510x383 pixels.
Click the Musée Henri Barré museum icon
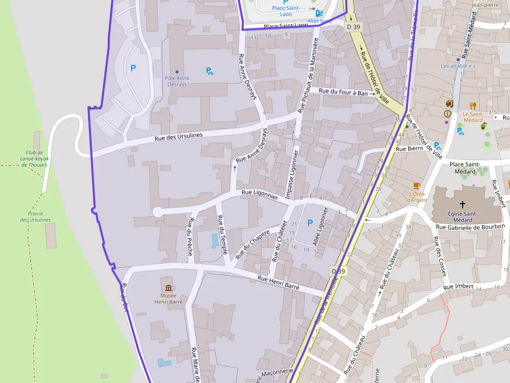[x=168, y=288]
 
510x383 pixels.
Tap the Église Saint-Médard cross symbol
[x=462, y=205]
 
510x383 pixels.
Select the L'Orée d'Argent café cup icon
[x=416, y=186]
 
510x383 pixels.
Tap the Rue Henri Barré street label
[x=278, y=279]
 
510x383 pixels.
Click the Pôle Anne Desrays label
[x=177, y=81]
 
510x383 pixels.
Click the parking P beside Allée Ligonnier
[x=310, y=223]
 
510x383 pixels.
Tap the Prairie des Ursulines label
[x=35, y=217]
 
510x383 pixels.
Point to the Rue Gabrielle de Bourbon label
[x=470, y=227]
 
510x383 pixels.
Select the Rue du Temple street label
[x=222, y=235]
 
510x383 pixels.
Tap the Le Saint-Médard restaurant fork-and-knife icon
[x=473, y=105]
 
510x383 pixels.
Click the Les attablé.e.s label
[x=458, y=66]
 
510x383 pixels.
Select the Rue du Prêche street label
[x=190, y=237]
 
